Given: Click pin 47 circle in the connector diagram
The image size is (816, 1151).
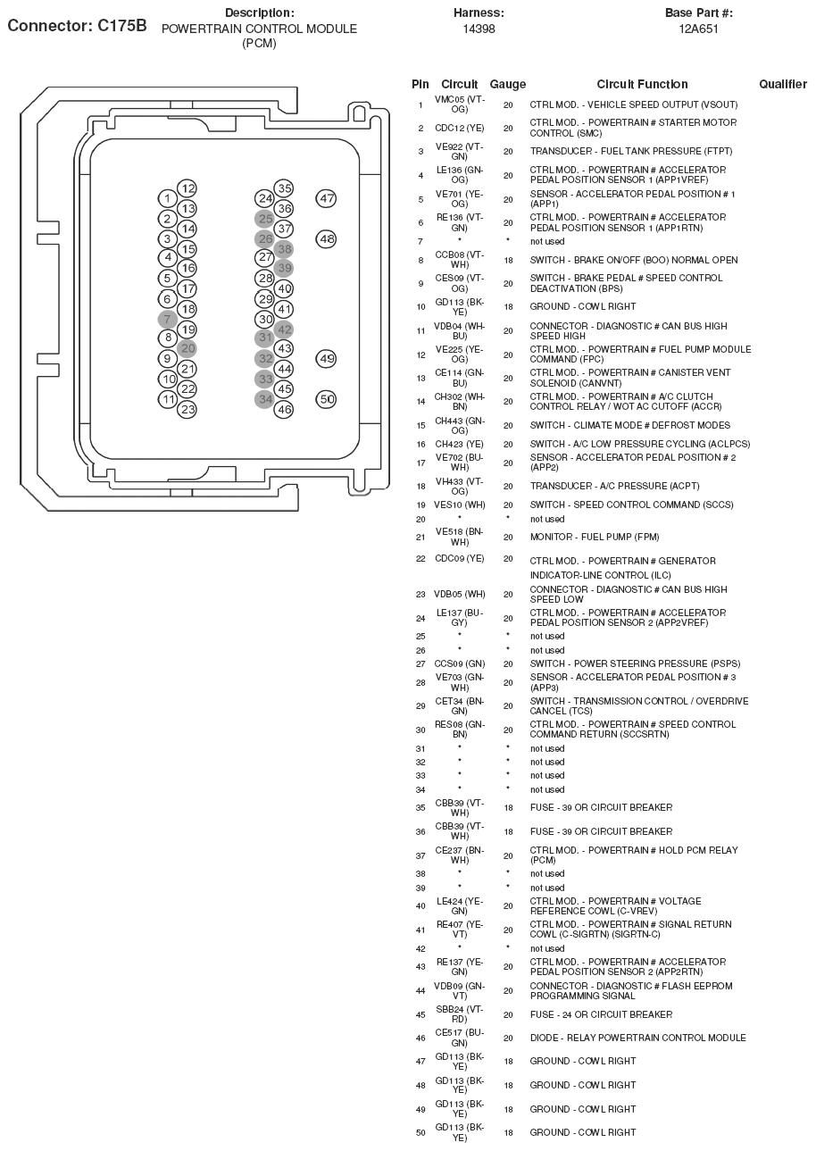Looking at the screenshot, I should (327, 199).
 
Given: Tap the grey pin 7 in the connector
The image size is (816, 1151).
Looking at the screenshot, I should (167, 320).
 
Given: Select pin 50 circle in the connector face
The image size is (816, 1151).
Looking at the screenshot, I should (327, 399).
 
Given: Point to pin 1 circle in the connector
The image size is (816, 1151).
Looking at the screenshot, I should (167, 198).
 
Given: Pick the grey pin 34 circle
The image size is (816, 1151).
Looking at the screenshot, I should (264, 399).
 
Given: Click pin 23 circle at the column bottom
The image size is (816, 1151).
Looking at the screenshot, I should (187, 409).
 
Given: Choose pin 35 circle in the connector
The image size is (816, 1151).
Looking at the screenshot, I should (284, 188).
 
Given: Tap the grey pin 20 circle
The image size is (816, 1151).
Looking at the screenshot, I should (187, 348).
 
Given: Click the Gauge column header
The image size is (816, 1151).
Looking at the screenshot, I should (508, 85).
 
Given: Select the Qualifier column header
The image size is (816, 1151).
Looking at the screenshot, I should (783, 85).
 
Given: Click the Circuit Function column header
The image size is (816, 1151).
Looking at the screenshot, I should (642, 85).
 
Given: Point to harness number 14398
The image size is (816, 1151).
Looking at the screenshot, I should (479, 29).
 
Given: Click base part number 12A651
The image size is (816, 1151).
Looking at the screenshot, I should (698, 29).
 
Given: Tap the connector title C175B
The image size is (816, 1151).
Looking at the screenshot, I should (77, 26).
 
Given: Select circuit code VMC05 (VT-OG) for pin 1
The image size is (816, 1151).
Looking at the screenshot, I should (460, 104).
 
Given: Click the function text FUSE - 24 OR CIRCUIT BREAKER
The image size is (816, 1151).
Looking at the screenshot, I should (601, 1014).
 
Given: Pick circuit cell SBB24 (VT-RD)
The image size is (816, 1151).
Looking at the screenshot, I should (460, 1014).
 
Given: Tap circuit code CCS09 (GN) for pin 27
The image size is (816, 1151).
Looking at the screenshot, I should (460, 663).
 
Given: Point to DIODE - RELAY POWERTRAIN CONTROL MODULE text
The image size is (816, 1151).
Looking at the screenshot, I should (637, 1038).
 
